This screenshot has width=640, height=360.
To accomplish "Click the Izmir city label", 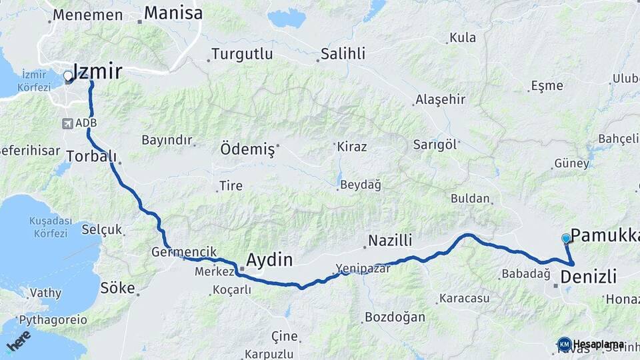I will (97, 71).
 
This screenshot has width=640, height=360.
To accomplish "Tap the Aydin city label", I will (269, 259).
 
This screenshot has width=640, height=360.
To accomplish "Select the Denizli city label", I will (589, 276).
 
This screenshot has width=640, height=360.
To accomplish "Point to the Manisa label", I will (173, 13).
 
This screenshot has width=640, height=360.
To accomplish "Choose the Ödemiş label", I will (247, 150).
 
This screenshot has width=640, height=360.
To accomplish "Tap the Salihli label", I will (343, 54).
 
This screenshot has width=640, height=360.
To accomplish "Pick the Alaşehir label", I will (440, 99).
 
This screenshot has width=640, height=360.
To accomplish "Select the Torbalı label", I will (91, 156).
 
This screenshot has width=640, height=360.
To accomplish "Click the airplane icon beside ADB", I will (67, 123).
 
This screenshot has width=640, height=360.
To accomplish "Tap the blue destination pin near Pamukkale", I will (566, 239).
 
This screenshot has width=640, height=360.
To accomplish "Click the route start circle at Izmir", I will (68, 77).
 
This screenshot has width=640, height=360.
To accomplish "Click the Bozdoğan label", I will (395, 317).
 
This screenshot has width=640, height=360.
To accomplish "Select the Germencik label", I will (184, 251).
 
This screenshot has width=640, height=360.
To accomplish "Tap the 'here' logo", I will (19, 340).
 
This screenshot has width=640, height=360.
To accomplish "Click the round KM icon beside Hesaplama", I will (564, 344).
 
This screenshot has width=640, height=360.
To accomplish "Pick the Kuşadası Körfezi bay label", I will (49, 227).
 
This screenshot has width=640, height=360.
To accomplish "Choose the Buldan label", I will (470, 199).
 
